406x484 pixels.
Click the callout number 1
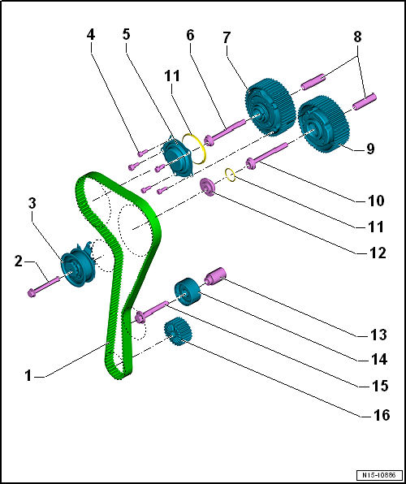[x=28, y=376]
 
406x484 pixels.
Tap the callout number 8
[x=357, y=37]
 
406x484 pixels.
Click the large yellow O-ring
[x=194, y=149]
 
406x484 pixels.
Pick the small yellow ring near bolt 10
[x=231, y=175]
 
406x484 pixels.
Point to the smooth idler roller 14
[x=188, y=292]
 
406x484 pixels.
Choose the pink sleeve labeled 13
[x=215, y=276]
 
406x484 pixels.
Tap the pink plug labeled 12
[x=208, y=187]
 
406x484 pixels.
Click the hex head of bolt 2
[x=32, y=292]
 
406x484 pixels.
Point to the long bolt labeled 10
[x=267, y=153]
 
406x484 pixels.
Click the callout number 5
[x=126, y=34]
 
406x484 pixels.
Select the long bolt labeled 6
[x=224, y=132]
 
